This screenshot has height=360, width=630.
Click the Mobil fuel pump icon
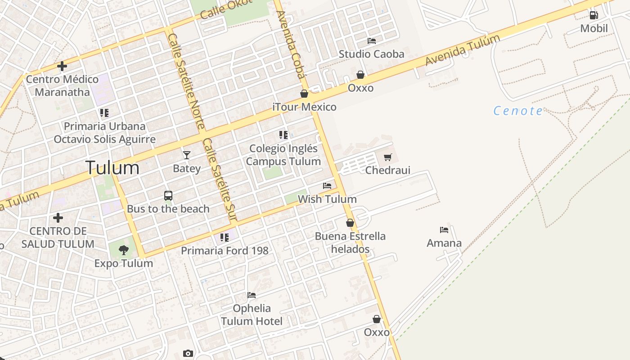point(594,15)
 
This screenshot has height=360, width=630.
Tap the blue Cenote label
point(518,111)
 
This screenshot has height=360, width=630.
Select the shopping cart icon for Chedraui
point(387,157)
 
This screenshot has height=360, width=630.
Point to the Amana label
point(444,243)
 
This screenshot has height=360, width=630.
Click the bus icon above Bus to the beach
point(168,196)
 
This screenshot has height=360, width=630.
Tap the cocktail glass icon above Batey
point(186,155)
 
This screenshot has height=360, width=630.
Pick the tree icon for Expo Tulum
point(123,250)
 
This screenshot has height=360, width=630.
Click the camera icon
point(188,354)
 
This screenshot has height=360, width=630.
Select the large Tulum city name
point(112,168)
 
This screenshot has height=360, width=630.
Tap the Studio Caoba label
point(371,54)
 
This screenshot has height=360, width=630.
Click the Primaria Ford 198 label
point(225,251)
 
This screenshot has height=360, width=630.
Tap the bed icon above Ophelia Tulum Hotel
point(252,295)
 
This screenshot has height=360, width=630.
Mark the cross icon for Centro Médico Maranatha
point(62,67)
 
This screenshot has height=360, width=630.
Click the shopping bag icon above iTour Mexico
point(304,94)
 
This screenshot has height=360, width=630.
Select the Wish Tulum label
point(327,199)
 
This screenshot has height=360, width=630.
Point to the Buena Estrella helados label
point(350,243)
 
